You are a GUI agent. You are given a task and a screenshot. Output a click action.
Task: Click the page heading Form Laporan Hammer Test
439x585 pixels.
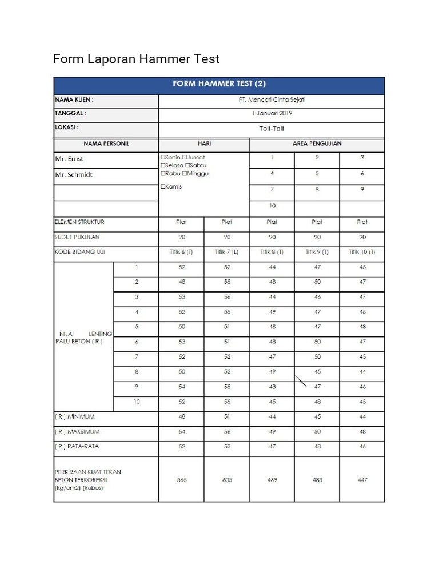(136, 59)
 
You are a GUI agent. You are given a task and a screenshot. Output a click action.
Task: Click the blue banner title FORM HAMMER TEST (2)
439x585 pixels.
(219, 84)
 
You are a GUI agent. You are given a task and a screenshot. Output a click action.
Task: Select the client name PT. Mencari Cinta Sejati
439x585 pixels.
(272, 99)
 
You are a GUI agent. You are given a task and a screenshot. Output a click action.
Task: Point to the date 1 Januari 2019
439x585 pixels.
(272, 113)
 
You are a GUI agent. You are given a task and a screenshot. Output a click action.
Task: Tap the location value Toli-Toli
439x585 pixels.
(272, 129)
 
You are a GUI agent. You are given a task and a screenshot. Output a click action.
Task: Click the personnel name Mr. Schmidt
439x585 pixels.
(73, 174)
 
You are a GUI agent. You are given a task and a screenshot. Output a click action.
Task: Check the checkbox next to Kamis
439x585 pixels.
(163, 187)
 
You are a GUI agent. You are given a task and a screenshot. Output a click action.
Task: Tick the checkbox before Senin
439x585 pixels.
(163, 157)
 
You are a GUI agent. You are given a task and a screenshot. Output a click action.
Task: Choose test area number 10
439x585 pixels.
(272, 206)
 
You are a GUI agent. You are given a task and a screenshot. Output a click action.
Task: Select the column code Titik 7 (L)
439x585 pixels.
(227, 252)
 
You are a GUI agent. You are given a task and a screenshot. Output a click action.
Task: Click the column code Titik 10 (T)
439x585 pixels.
(362, 252)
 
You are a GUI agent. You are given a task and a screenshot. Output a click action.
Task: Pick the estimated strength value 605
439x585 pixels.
(227, 480)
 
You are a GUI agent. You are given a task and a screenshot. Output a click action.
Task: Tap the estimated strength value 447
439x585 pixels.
(362, 480)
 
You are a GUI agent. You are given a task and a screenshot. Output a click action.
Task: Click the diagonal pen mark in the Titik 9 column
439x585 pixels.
(301, 380)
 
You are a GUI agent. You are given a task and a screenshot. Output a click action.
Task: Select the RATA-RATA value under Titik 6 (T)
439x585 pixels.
(182, 447)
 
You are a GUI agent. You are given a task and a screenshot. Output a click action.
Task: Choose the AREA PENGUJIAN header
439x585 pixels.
(317, 144)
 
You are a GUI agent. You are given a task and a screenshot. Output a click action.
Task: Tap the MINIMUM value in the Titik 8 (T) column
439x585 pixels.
(272, 417)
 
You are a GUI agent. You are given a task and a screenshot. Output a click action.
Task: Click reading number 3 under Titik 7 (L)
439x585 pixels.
(227, 297)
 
